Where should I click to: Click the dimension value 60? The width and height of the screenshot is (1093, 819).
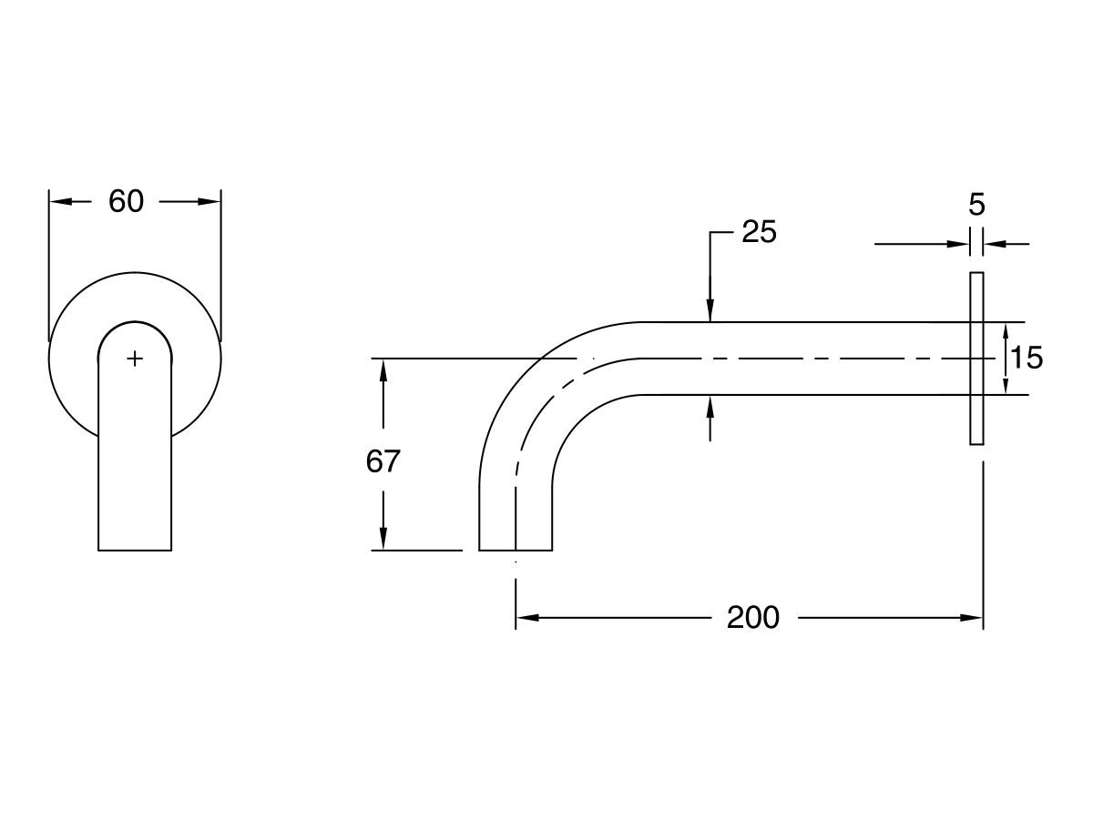[127, 201]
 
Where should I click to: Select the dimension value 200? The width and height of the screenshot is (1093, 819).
[753, 618]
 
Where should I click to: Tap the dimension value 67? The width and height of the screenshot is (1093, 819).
[383, 462]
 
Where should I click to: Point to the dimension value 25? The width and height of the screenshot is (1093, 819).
[759, 233]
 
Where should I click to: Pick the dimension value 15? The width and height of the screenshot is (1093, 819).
[1027, 359]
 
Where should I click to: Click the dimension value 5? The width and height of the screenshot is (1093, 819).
[976, 205]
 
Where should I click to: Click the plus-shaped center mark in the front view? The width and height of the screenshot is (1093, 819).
[135, 359]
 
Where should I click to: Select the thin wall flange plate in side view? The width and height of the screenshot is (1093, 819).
[976, 359]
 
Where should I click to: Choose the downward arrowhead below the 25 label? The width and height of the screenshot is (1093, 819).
[710, 311]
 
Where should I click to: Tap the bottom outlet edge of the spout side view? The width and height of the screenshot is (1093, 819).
[516, 550]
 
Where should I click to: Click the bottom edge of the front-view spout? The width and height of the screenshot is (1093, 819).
[135, 550]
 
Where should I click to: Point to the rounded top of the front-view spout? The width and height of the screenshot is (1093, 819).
[135, 323]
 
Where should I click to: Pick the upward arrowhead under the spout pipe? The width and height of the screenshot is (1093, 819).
[710, 406]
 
